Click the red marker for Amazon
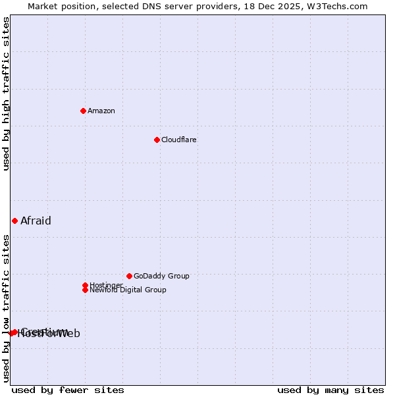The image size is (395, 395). tap(83, 111)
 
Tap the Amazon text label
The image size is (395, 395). tap(101, 111)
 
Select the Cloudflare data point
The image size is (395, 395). tap(157, 140)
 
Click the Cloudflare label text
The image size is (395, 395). tap(179, 140)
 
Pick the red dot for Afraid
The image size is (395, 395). tap(14, 221)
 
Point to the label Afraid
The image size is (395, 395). tap(36, 221)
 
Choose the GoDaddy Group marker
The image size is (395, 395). tap(129, 276)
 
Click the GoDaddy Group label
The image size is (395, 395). tap(161, 276)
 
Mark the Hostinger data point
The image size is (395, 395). tap(85, 285)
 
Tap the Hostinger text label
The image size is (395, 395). tap(106, 285)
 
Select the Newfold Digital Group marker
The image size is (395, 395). tap(85, 290)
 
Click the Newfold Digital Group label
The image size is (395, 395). tap(128, 290)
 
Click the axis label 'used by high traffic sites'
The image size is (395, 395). tap(6, 94)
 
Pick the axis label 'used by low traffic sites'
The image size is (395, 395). tap(6, 308)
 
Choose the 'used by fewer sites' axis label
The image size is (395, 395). tap(68, 390)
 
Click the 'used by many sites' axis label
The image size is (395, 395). tap(330, 390)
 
